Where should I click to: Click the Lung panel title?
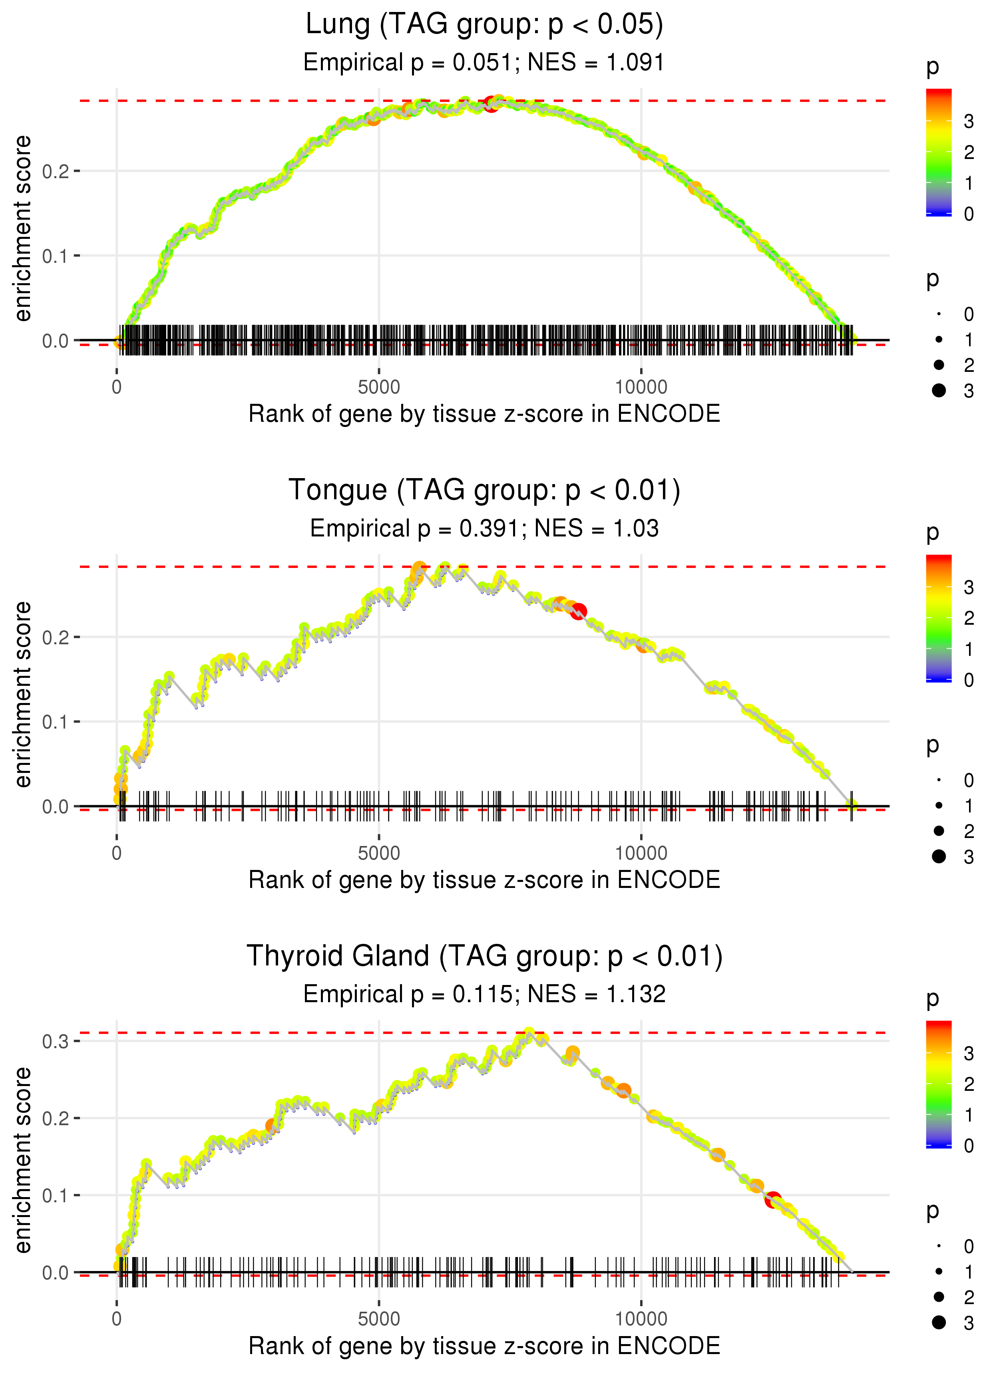tap(484, 25)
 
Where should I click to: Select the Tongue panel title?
tap(484, 490)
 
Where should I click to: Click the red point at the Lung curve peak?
tap(491, 103)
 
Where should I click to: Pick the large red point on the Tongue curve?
tap(578, 611)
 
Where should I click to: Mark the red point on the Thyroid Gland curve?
tap(773, 1199)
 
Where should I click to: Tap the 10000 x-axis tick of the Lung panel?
tap(641, 387)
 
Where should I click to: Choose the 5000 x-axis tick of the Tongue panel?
tap(379, 853)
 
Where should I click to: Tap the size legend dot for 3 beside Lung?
tap(939, 390)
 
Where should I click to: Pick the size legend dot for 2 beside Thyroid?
tap(939, 1297)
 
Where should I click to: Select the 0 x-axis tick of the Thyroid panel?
tap(117, 1319)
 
